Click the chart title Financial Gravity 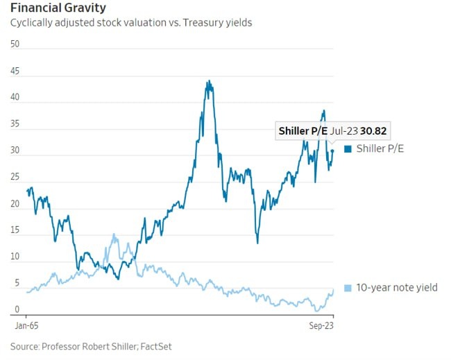pos(58,8)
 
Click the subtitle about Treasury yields pos(130,23)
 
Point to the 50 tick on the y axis pos(15,44)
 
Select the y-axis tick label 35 pos(15,123)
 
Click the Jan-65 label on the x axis pos(26,324)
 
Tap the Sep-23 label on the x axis pos(322,324)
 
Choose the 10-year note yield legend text pos(396,287)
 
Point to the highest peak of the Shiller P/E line pos(209,81)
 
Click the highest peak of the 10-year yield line pos(113,235)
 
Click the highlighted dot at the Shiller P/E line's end pos(332,151)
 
